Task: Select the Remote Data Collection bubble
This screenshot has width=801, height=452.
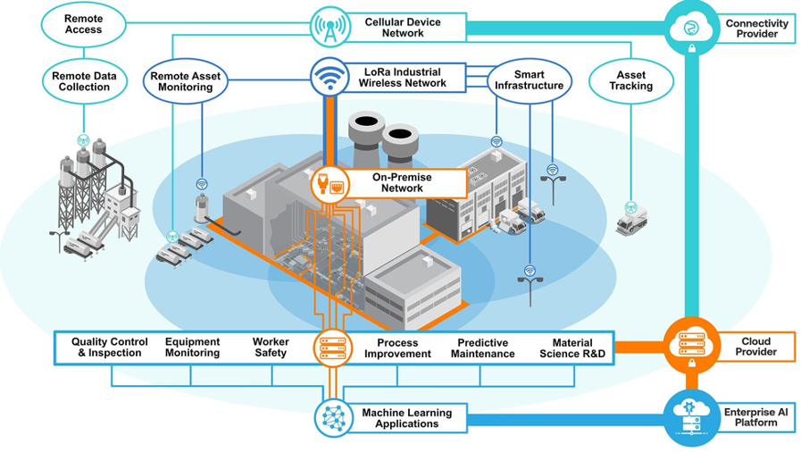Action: point(83,81)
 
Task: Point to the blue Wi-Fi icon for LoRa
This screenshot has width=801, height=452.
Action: point(329,78)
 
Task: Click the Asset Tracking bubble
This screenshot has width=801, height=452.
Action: point(631,80)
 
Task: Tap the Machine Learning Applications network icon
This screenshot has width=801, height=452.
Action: point(333,417)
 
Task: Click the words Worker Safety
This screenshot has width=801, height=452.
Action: point(271,347)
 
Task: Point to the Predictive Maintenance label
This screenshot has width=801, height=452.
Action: point(482,348)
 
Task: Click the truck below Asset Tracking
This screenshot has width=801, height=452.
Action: point(632,219)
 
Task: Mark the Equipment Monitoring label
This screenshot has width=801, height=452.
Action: point(192,347)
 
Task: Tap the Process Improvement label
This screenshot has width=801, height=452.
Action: point(397,348)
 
